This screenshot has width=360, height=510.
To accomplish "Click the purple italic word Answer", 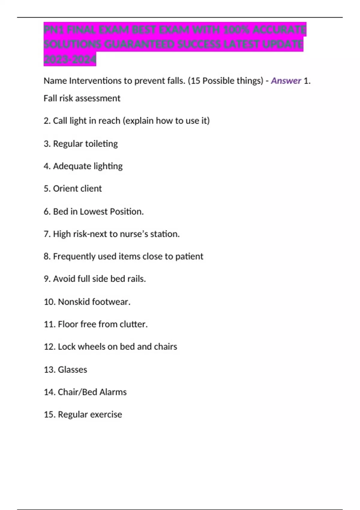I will [286, 81].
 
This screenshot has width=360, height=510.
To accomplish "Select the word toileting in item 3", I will [101, 144].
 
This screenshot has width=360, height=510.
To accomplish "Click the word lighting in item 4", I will [108, 166].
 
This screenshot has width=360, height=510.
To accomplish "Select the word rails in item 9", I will [136, 279].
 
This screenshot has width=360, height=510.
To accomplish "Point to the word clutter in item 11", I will [133, 324].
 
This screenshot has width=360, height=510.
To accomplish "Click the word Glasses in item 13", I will [72, 370].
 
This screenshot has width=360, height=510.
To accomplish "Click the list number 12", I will [49, 346].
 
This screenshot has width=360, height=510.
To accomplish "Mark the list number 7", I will [47, 234].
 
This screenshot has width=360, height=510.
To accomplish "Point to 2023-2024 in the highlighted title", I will [70, 60].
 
